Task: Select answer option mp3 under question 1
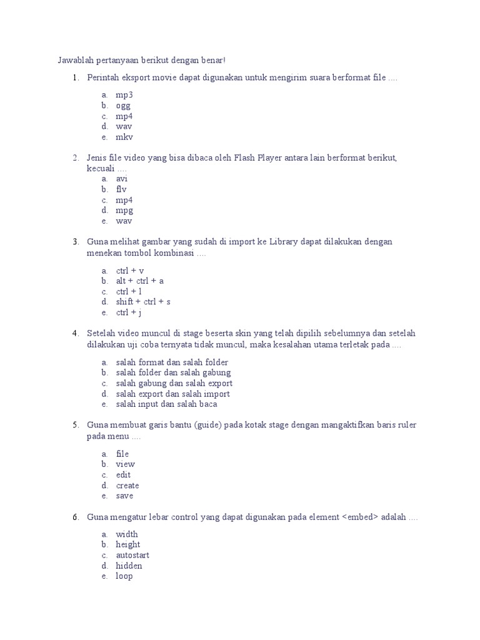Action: coord(124,95)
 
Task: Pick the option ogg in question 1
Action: coord(123,106)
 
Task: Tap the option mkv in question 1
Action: coord(124,137)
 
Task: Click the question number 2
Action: coord(76,157)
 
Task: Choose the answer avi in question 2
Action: coord(122,179)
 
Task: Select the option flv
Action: coord(121,189)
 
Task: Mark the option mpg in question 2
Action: coord(124,211)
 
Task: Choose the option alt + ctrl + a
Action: coord(140,281)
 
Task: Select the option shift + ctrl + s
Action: coord(143,302)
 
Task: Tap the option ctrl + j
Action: coord(129,312)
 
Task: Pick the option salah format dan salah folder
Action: coord(172,362)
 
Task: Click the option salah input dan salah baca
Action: coord(167,404)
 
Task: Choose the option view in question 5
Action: coord(125,464)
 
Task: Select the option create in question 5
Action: coord(127,486)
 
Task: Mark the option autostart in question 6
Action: coord(132,555)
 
